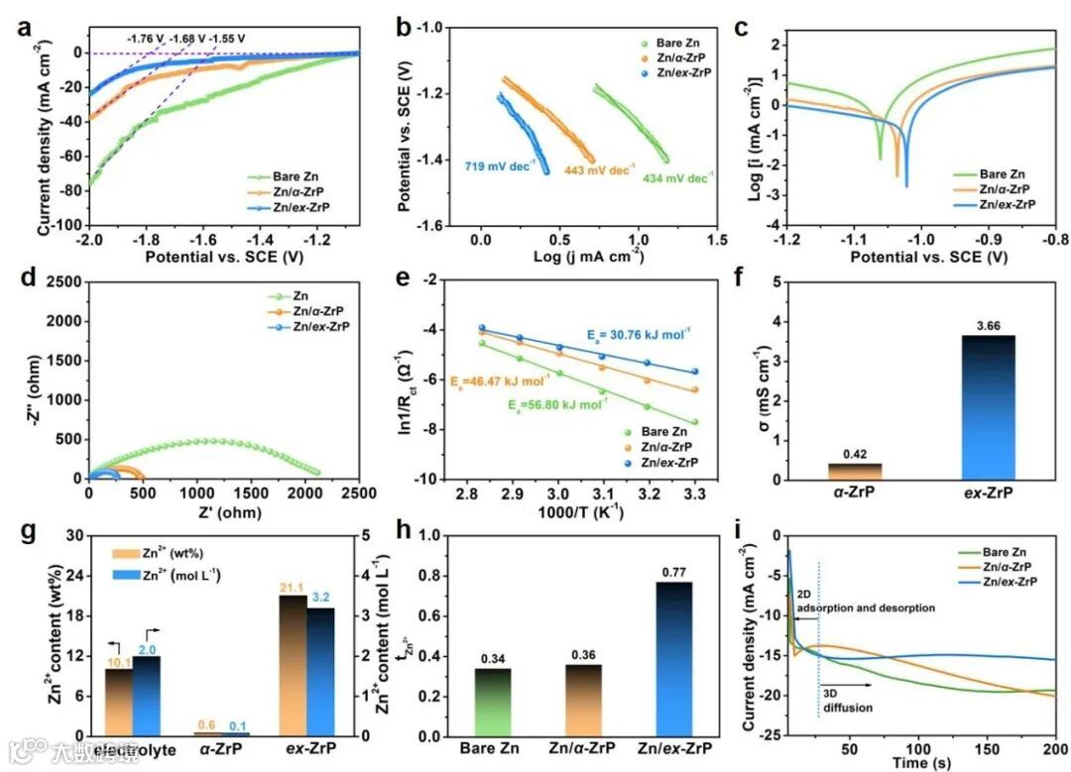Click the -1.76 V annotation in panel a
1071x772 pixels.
(145, 39)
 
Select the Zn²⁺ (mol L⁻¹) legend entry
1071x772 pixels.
(169, 575)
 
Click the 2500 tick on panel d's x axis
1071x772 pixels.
(359, 494)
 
